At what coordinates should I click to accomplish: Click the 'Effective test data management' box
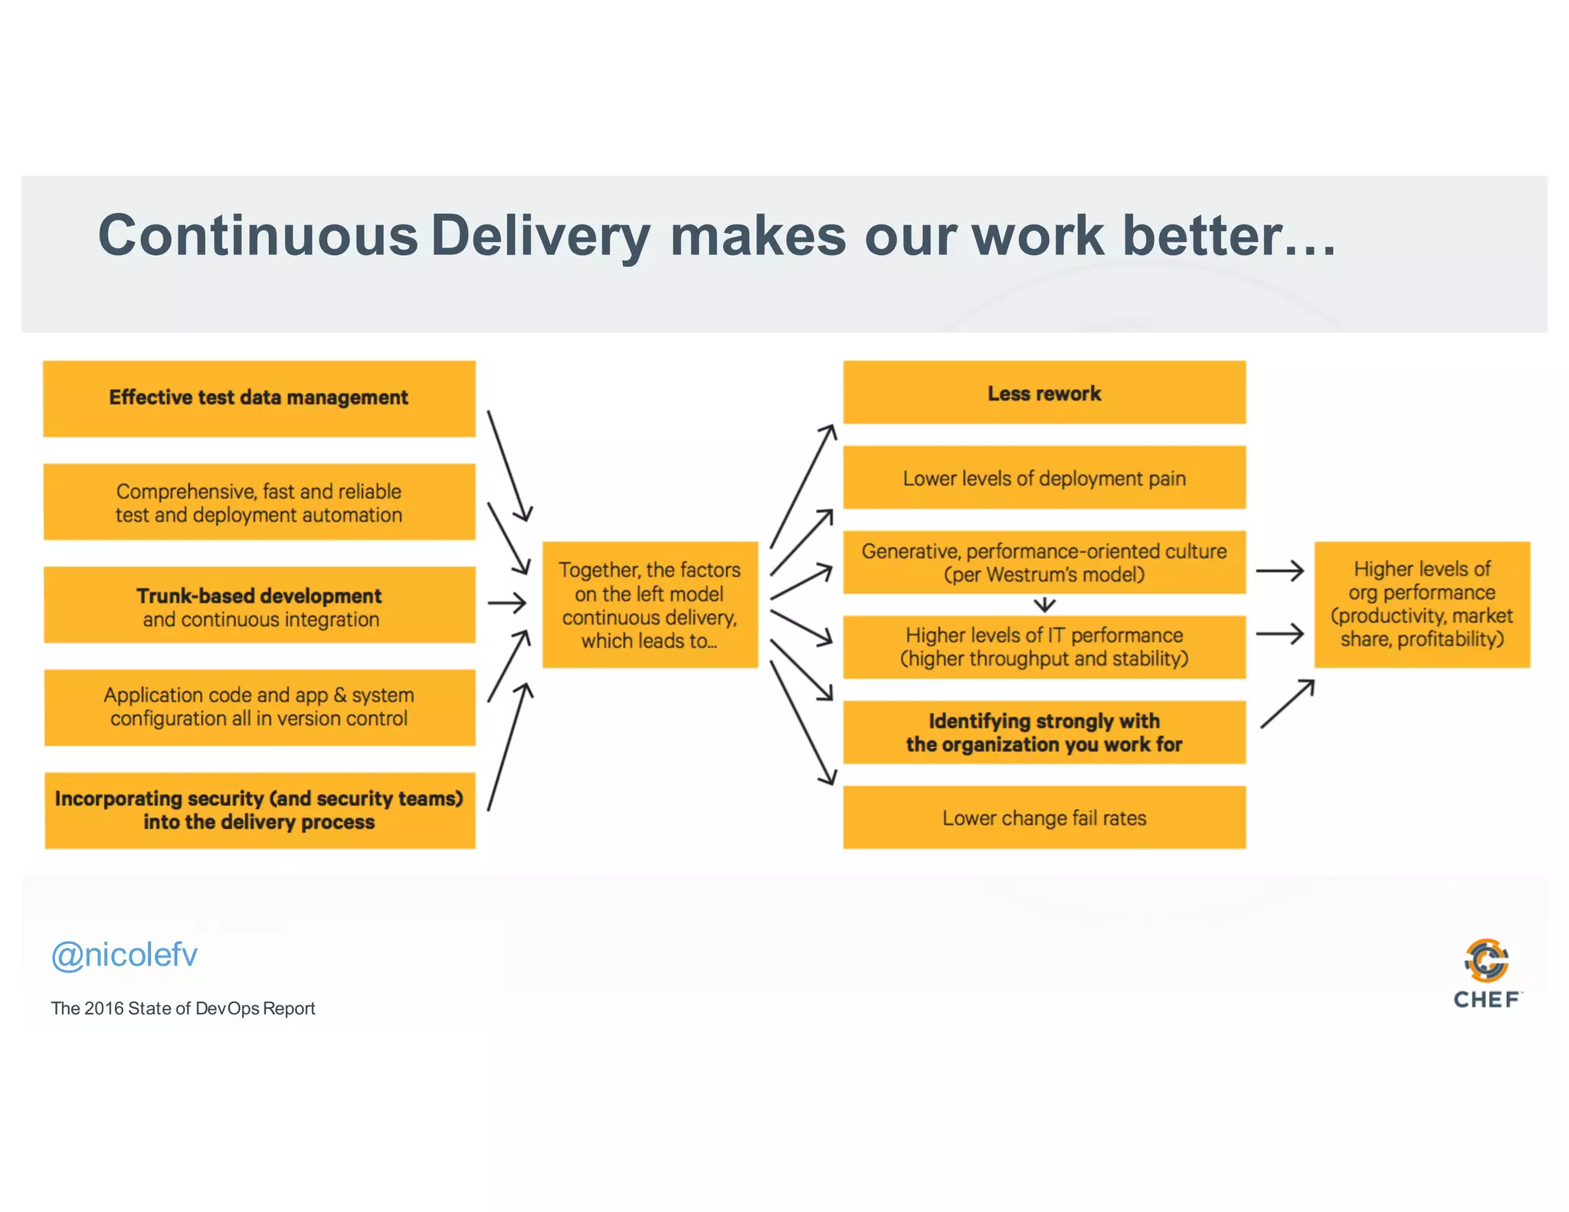[x=259, y=398]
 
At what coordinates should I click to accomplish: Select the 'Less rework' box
[x=1043, y=393]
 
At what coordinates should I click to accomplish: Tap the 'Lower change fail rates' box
[x=1043, y=817]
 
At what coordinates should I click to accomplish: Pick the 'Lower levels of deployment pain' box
[x=1043, y=478]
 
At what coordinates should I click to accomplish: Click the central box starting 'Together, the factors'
[x=650, y=604]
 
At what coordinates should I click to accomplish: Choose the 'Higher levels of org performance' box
[x=1422, y=604]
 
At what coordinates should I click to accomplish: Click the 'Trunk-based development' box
[x=259, y=605]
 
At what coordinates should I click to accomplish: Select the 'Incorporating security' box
[x=259, y=810]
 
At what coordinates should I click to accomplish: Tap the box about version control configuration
[x=259, y=707]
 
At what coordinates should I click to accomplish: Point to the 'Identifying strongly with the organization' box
[x=1043, y=732]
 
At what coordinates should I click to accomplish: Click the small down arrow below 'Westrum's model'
[x=1044, y=604]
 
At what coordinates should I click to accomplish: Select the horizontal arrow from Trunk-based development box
[x=506, y=604]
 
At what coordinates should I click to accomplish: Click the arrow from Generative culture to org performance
[x=1279, y=571]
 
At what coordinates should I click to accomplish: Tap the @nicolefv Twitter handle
[x=124, y=955]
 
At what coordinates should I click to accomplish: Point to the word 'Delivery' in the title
[x=540, y=235]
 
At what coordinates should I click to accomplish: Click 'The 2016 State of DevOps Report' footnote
[x=183, y=1008]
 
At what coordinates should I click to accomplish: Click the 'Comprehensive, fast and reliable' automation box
[x=259, y=503]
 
